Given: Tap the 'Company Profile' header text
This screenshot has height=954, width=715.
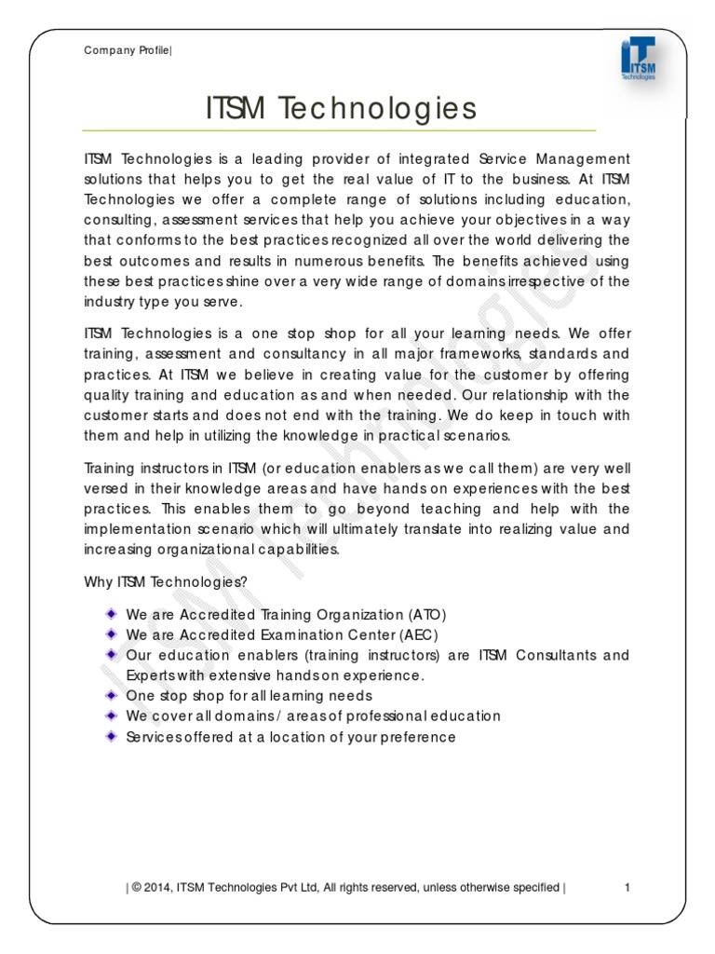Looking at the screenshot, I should [x=128, y=50].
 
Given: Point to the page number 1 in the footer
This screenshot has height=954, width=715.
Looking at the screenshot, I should [x=627, y=887].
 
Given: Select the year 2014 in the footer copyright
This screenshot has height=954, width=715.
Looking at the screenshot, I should [x=157, y=887].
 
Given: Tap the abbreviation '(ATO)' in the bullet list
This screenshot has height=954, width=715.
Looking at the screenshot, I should [x=427, y=615].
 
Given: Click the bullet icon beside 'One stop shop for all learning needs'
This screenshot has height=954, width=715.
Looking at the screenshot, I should [x=111, y=695].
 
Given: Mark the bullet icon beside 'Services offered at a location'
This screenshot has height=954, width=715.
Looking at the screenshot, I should [x=111, y=736].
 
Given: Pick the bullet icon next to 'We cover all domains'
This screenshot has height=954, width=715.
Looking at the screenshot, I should [x=111, y=715].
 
